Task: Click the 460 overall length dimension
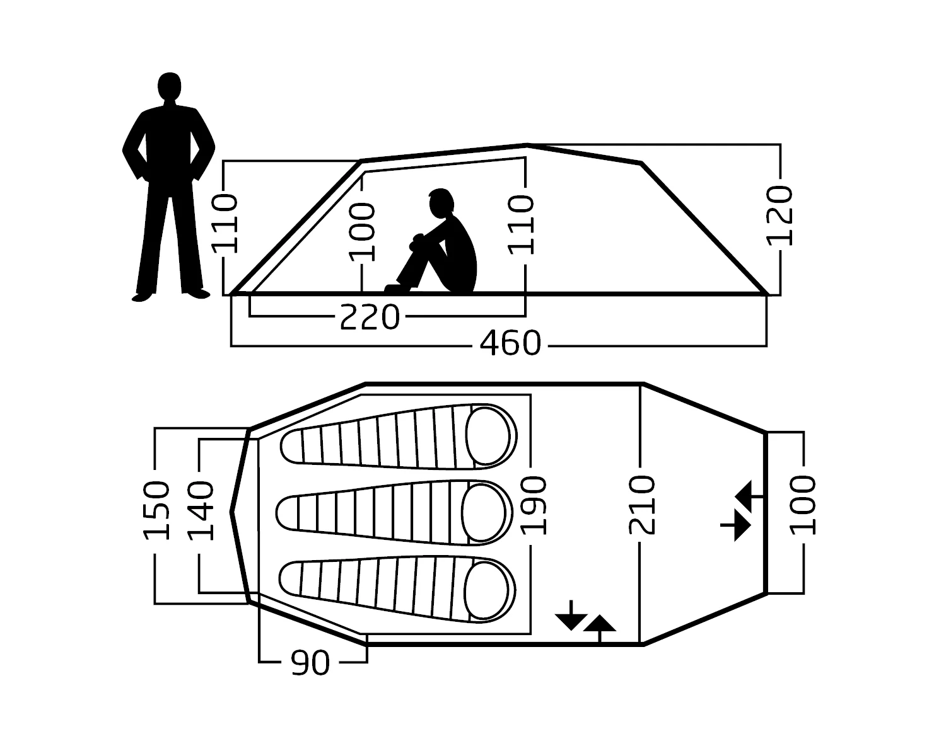(510, 344)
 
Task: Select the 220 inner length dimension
(370, 317)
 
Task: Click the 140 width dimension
(201, 510)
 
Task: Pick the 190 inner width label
(533, 505)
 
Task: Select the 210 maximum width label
(642, 505)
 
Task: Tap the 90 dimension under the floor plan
(310, 663)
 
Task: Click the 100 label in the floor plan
(803, 505)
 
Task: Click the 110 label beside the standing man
(225, 224)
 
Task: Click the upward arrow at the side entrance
(599, 625)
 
